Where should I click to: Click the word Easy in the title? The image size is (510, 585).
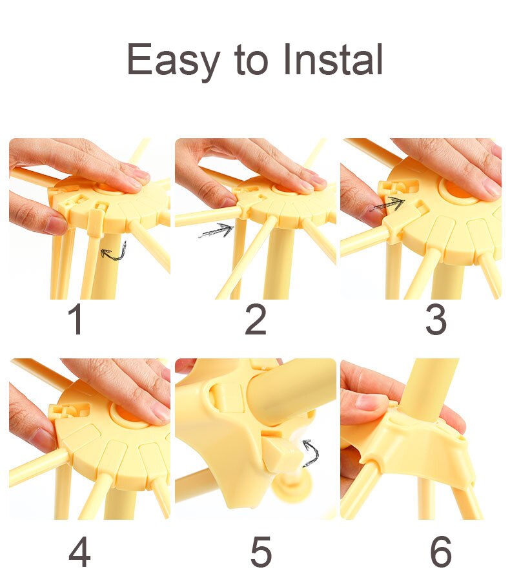(x=172, y=61)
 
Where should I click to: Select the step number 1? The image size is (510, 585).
(x=76, y=321)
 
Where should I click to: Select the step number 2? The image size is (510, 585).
(x=256, y=321)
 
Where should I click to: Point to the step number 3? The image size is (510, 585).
(x=436, y=321)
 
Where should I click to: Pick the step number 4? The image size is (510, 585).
(x=79, y=552)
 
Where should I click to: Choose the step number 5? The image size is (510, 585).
(x=261, y=552)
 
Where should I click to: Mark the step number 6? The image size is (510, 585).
(x=440, y=552)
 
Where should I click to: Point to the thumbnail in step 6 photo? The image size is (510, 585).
(x=369, y=404)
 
